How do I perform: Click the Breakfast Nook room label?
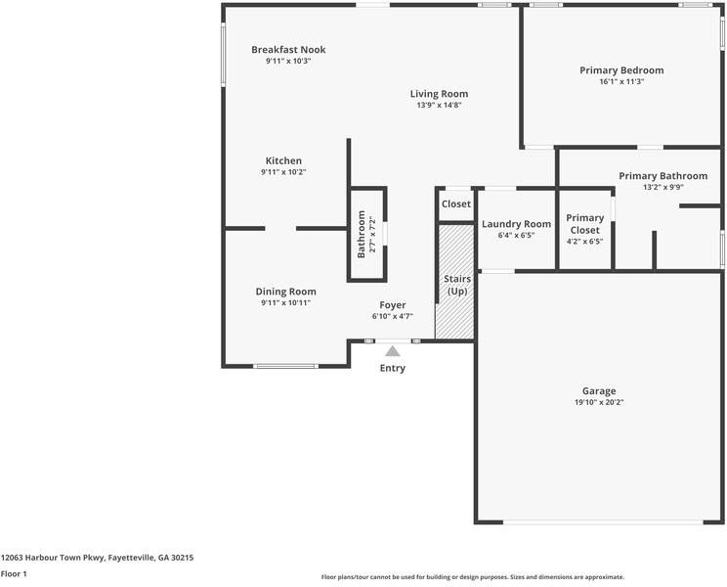point(288,50)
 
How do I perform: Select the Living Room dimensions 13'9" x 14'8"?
point(439,105)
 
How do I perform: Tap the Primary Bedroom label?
point(621,70)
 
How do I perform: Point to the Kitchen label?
point(283,160)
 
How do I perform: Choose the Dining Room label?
point(285,292)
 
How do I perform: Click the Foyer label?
point(392,305)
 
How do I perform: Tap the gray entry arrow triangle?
point(392,350)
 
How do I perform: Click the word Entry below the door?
point(392,369)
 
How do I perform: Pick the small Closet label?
point(455,204)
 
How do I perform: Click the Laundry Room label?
point(516,224)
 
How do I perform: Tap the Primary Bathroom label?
point(663,176)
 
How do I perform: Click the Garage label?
point(599,390)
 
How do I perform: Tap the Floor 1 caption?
point(14,574)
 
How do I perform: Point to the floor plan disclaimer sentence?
point(472,577)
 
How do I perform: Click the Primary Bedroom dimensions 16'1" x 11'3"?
point(621,82)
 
